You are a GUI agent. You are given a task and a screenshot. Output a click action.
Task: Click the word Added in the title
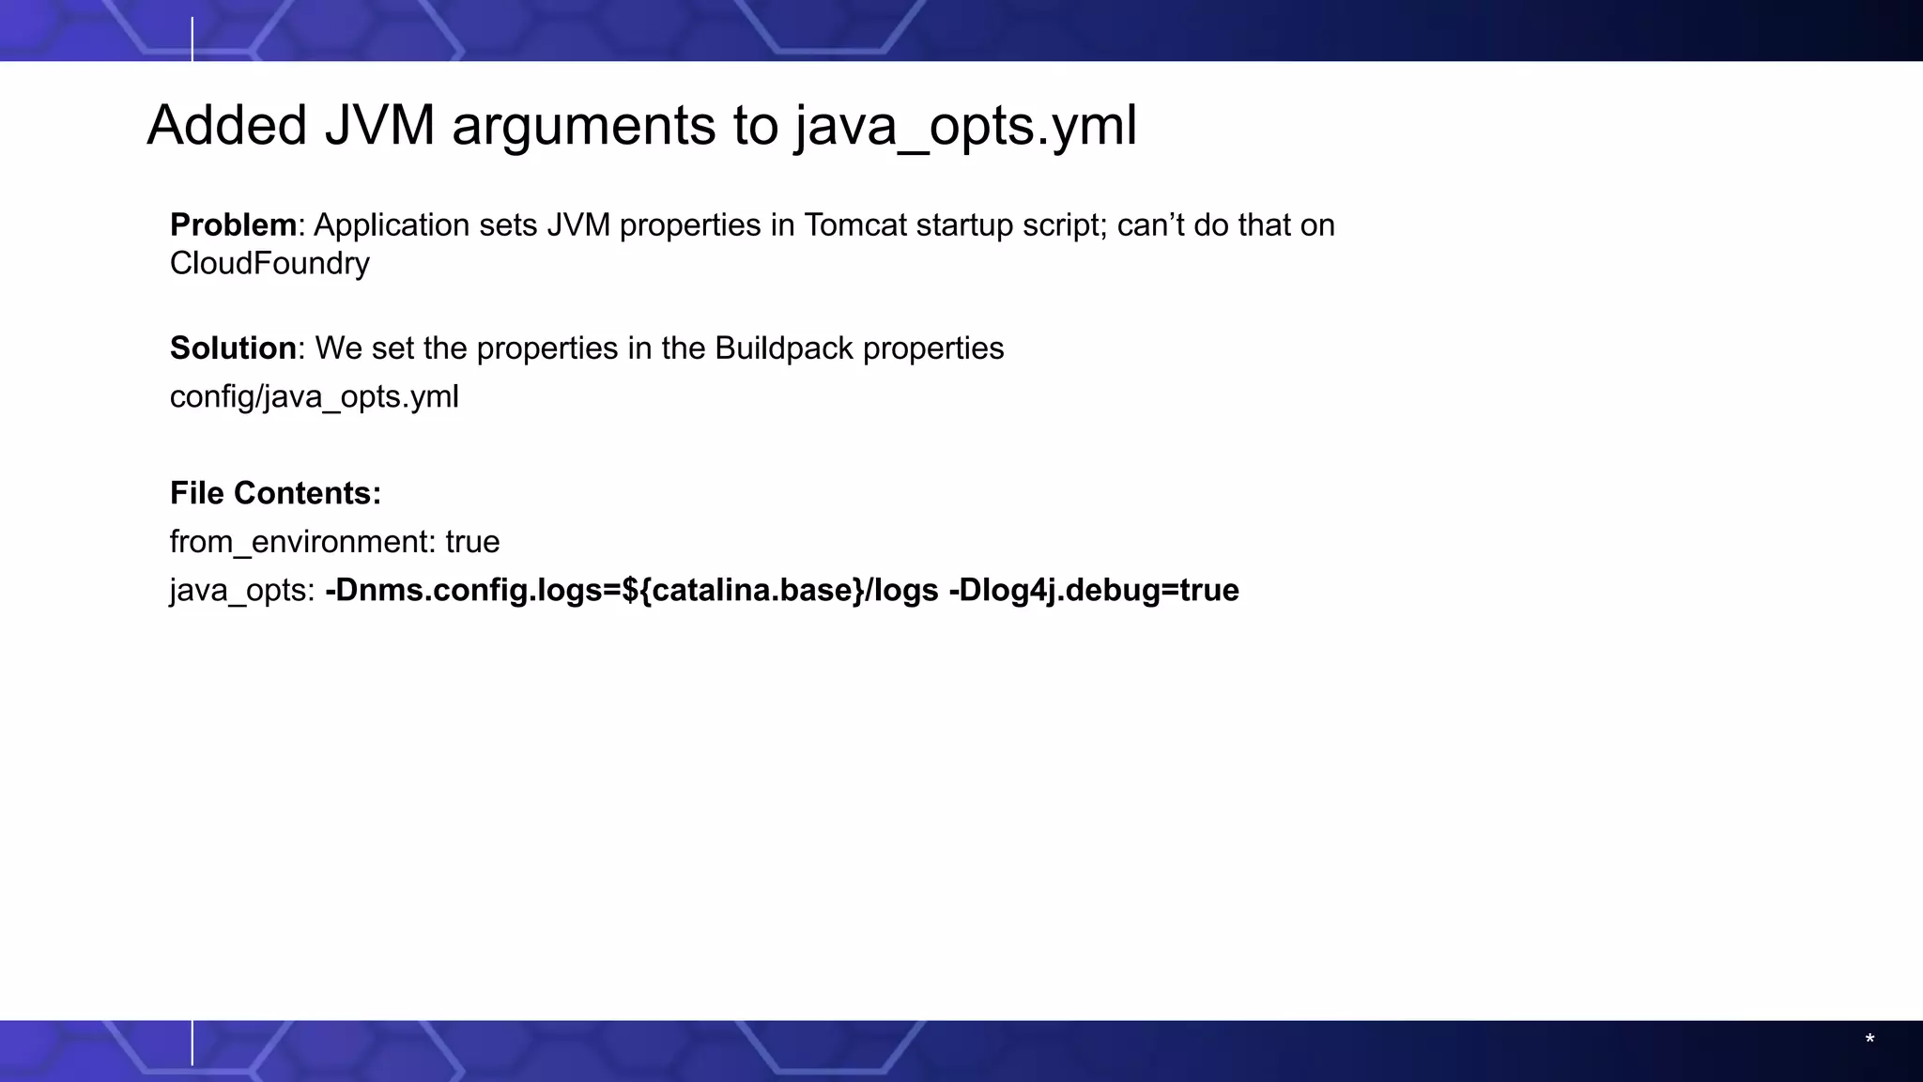click(x=227, y=125)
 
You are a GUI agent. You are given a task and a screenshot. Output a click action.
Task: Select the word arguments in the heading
click(x=583, y=127)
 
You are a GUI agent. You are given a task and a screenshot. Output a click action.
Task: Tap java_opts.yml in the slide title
click(x=966, y=127)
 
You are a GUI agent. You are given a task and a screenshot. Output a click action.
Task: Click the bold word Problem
click(x=233, y=225)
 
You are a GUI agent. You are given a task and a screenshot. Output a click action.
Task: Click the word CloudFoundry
click(x=269, y=264)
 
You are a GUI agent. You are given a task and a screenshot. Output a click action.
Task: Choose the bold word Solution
click(x=233, y=348)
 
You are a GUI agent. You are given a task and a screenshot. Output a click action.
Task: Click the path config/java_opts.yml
click(x=315, y=397)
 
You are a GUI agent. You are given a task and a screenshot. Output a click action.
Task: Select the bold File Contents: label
click(x=275, y=493)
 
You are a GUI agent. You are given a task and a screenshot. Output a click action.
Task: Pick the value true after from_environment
click(x=472, y=542)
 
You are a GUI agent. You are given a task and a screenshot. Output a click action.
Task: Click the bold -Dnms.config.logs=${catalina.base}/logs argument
click(x=631, y=590)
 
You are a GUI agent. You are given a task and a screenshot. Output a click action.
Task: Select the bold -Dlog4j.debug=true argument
click(x=1094, y=590)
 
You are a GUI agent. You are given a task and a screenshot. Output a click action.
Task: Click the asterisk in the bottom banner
click(x=1869, y=1039)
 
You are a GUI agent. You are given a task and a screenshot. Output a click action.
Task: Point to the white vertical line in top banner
click(x=192, y=39)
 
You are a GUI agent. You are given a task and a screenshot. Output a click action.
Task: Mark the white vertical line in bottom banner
click(x=192, y=1043)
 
